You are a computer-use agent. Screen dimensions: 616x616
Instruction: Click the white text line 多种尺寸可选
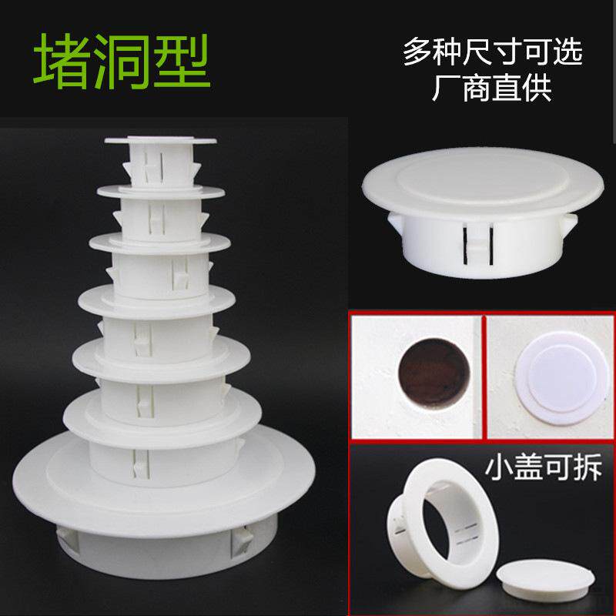(x=493, y=52)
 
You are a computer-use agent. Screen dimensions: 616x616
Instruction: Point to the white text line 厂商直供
(x=493, y=88)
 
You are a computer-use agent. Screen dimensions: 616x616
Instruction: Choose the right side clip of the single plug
(x=571, y=224)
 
